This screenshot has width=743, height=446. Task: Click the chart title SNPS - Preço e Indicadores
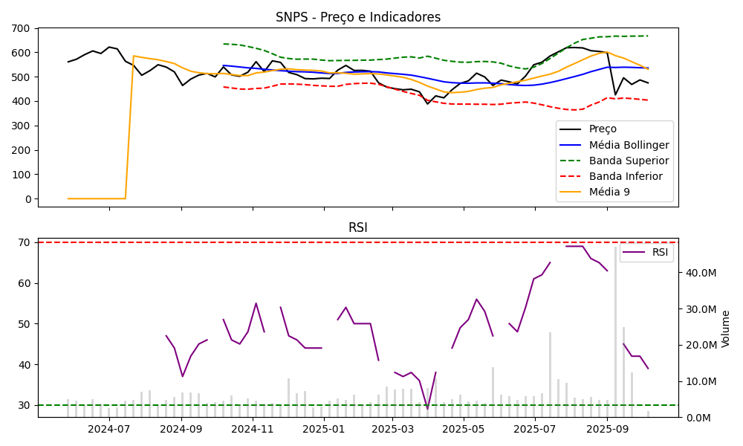click(x=357, y=17)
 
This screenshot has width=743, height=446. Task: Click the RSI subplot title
click(x=357, y=228)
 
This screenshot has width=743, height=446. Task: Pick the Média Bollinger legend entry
click(x=629, y=145)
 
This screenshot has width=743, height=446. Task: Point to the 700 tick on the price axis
click(x=22, y=28)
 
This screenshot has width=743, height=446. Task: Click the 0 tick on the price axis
click(x=27, y=199)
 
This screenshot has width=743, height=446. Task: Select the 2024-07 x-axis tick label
click(x=109, y=429)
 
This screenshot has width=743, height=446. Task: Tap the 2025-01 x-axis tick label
click(x=324, y=429)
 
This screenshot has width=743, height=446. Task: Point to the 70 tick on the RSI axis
click(x=25, y=242)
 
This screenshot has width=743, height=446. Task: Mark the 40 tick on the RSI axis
click(x=25, y=364)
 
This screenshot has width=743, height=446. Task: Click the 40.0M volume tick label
click(x=701, y=273)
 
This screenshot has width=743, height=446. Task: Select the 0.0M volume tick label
click(x=698, y=418)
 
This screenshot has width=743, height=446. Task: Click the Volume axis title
click(x=726, y=329)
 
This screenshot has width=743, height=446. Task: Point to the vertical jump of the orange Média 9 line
click(x=129, y=126)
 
